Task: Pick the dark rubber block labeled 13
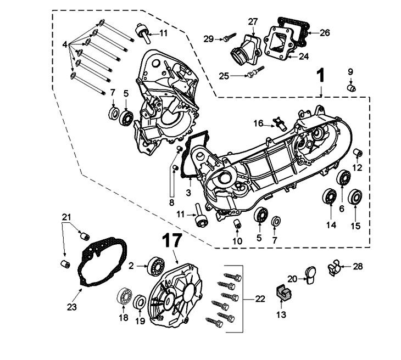pyautogui.click(x=282, y=292)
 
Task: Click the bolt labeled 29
pyautogui.click(x=227, y=38)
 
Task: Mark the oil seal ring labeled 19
pyautogui.click(x=140, y=301)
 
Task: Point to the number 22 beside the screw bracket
pyautogui.click(x=260, y=299)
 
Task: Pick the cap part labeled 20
pyautogui.click(x=310, y=273)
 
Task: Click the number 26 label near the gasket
pyautogui.click(x=325, y=32)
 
